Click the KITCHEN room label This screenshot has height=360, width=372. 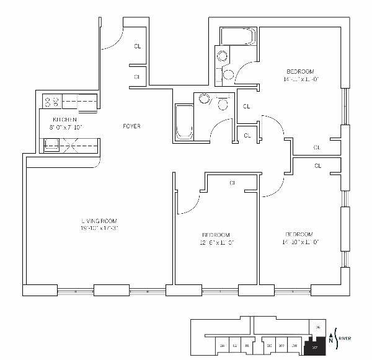[64, 119]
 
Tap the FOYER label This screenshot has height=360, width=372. [131, 126]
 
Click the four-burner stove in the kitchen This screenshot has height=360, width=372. [51, 100]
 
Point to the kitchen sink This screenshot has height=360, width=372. [51, 145]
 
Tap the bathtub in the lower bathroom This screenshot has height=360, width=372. [184, 122]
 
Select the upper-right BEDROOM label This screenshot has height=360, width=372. [299, 71]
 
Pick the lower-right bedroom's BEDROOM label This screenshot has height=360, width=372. [299, 234]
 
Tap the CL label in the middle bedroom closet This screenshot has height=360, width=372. [232, 183]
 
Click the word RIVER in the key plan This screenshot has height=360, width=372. [345, 338]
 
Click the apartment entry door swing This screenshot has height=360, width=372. [112, 40]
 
